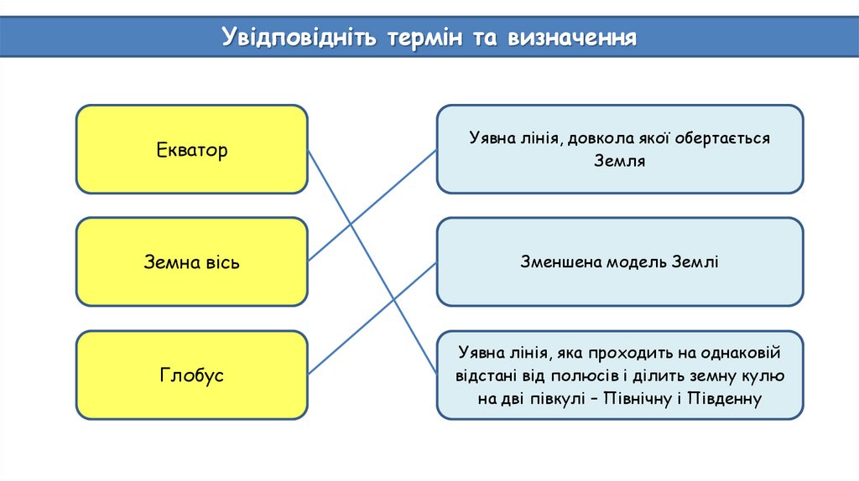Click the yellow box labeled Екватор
click(x=191, y=149)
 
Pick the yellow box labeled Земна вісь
click(x=191, y=261)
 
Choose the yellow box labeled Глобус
click(x=191, y=375)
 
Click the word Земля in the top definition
click(x=619, y=160)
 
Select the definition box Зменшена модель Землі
click(x=619, y=261)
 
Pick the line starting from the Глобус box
click(x=373, y=318)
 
